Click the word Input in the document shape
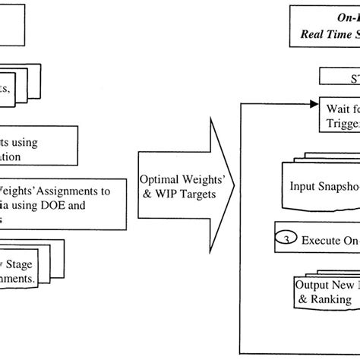point(305,186)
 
